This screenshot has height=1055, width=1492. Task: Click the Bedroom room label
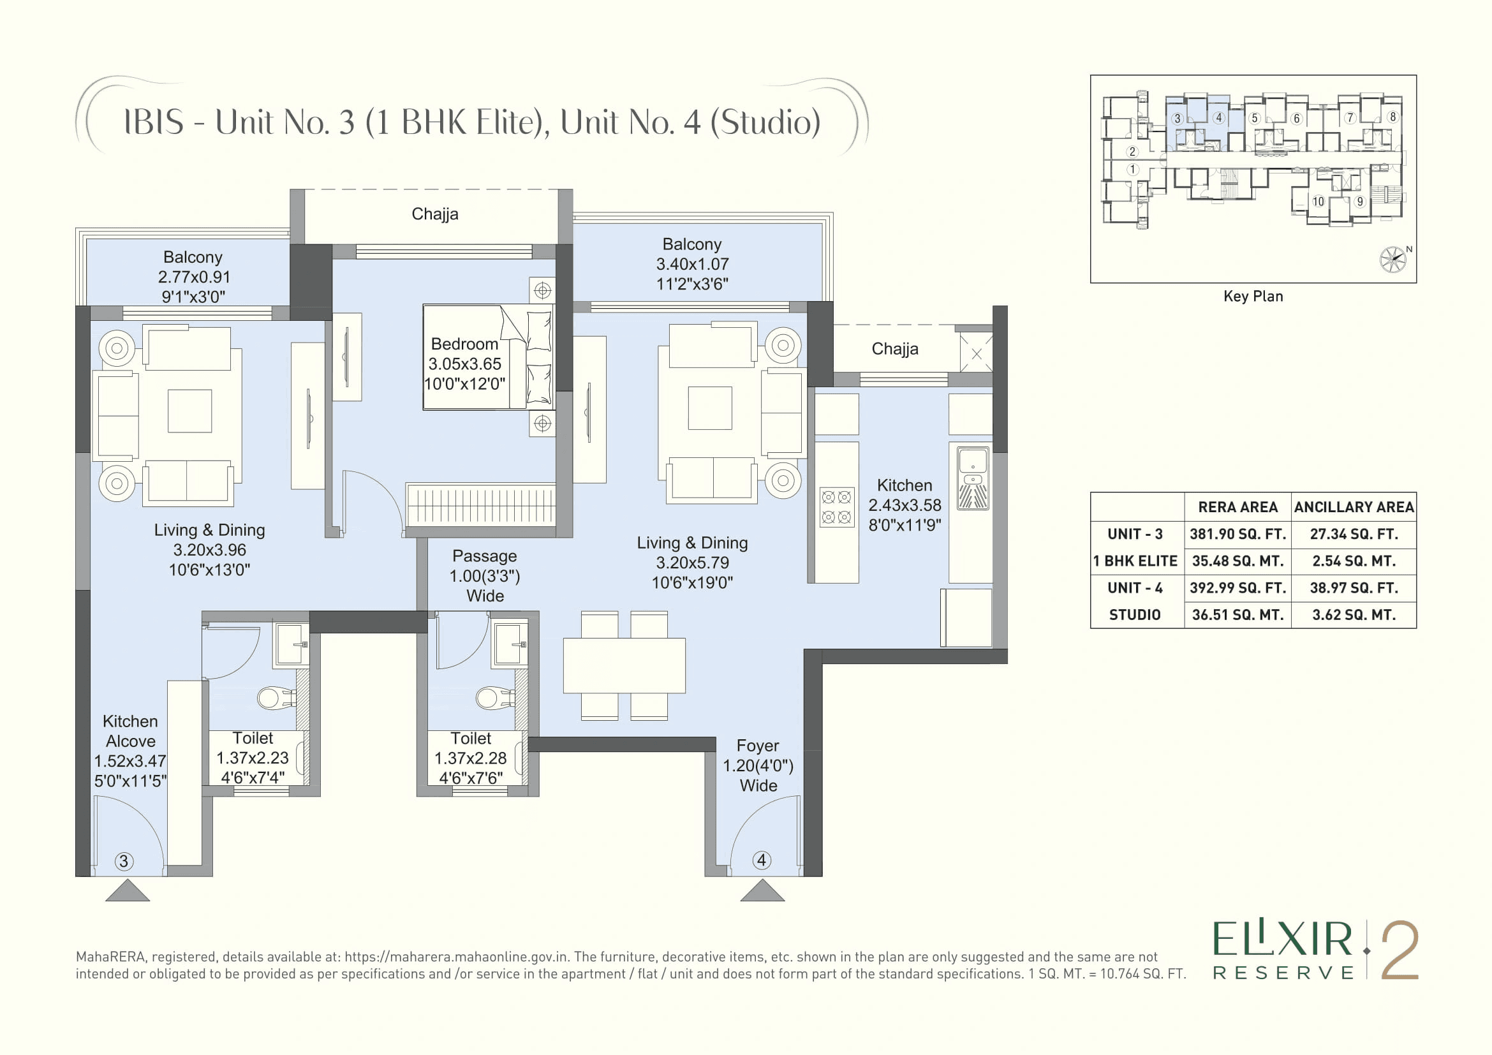[x=464, y=344]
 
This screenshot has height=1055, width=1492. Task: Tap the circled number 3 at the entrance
[x=124, y=861]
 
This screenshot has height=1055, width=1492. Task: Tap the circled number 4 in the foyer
[x=762, y=860]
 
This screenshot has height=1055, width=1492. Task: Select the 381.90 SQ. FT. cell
[x=1237, y=534]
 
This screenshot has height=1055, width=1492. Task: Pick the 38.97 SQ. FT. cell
[x=1354, y=588]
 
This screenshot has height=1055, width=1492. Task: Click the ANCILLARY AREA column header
[x=1354, y=506]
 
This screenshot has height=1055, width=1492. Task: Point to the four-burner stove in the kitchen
[x=836, y=507]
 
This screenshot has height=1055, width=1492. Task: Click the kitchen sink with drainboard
[x=973, y=478]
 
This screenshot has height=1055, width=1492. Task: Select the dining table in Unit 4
[x=624, y=665]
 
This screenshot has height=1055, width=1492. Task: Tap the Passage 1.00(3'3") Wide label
[x=485, y=575]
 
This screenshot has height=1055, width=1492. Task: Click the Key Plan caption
[x=1253, y=296]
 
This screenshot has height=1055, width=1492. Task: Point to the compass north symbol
[x=1393, y=259]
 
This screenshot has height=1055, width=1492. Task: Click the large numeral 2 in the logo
[x=1399, y=950]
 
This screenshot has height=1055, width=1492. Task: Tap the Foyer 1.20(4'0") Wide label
[x=758, y=765]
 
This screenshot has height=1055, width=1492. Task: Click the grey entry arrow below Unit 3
[x=128, y=890]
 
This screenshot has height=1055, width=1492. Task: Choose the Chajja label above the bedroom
[x=435, y=214]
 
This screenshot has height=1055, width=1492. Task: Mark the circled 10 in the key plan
[x=1318, y=202]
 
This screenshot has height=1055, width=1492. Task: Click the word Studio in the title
[x=764, y=122]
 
